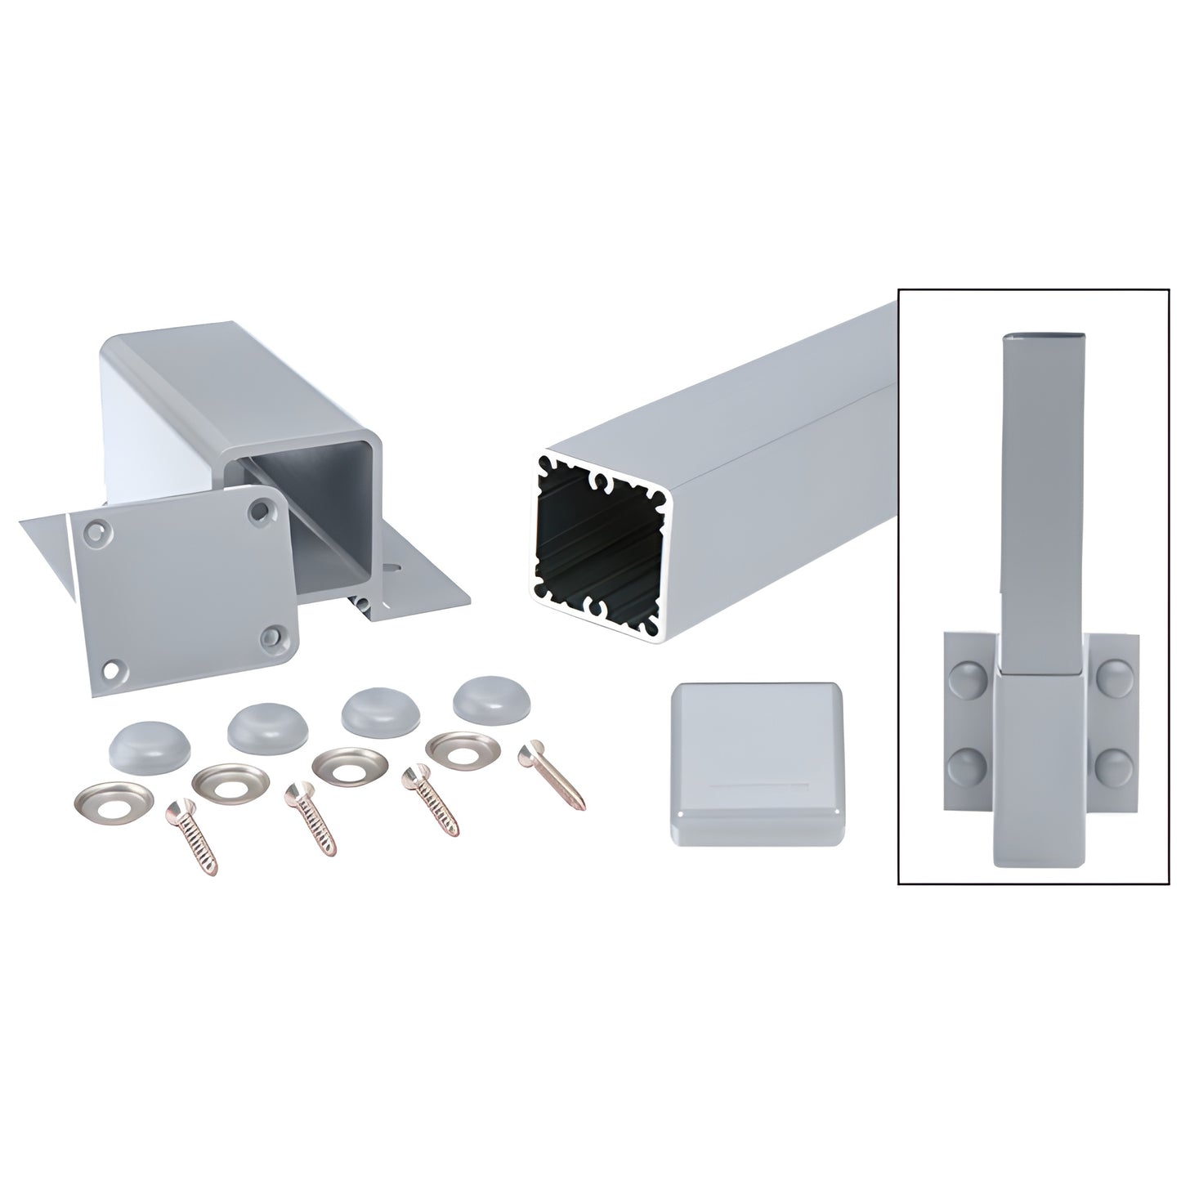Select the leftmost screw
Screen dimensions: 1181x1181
click(x=191, y=837)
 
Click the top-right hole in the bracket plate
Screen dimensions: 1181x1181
click(x=262, y=512)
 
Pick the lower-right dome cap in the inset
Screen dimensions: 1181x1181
click(x=1112, y=765)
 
